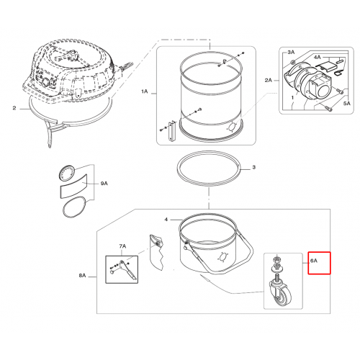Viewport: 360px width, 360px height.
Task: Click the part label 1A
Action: click(145, 91)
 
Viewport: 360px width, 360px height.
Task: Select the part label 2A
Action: click(269, 81)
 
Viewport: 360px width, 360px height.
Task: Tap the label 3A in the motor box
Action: click(291, 53)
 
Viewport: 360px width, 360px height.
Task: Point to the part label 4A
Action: click(318, 57)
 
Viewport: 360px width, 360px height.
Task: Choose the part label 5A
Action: click(347, 104)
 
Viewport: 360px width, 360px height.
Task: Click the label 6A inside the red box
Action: click(314, 261)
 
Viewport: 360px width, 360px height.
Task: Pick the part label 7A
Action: click(122, 246)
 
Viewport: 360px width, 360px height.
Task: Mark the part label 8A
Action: click(82, 276)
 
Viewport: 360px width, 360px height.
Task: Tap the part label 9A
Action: click(104, 184)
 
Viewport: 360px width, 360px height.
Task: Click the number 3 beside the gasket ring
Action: click(254, 167)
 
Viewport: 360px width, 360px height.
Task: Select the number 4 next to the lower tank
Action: click(166, 220)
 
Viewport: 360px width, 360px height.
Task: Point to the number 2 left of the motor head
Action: click(14, 108)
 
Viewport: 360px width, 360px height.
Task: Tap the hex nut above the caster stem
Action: click(276, 259)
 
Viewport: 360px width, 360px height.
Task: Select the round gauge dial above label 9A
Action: click(67, 173)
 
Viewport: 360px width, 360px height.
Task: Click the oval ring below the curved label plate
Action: click(74, 207)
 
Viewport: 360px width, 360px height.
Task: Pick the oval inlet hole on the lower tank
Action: click(222, 257)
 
